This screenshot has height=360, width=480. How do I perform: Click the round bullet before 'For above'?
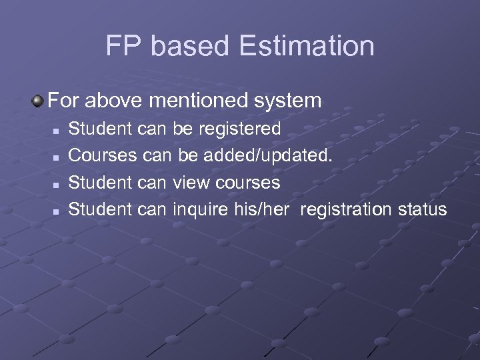point(37,101)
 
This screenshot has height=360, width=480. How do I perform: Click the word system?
point(289,101)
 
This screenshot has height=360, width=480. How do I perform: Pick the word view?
point(192,182)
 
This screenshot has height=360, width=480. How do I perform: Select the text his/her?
point(263,209)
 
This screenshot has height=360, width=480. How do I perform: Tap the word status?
point(421,209)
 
